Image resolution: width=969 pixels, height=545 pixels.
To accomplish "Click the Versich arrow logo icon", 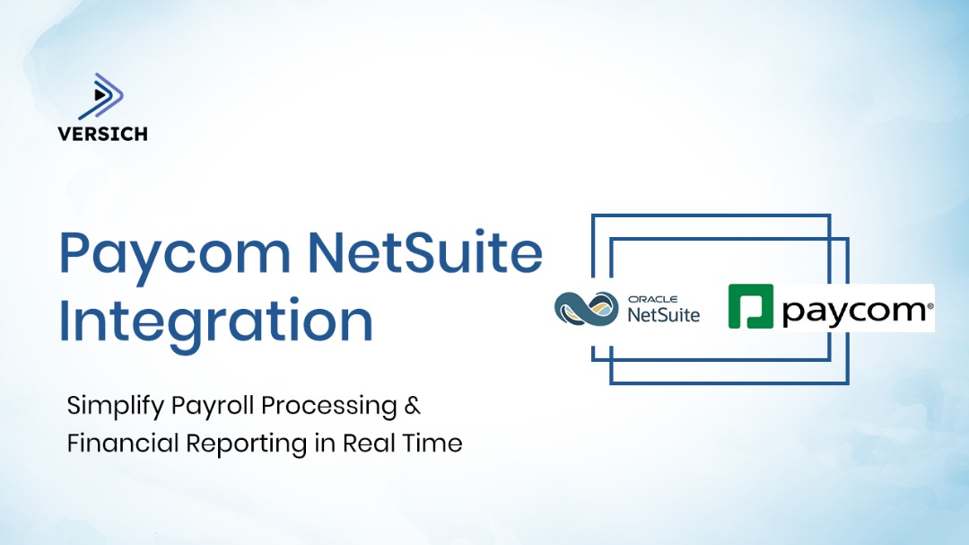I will coord(101,97).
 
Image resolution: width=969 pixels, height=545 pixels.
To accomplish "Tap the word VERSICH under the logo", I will coord(102,134).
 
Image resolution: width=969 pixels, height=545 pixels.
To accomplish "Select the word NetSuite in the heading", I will coord(425,254).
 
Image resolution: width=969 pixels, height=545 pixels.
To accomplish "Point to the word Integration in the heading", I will coord(215,321).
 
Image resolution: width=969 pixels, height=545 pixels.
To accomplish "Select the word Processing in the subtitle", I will coord(329,406).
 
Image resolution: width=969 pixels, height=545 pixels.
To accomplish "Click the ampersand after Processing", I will coord(413,406).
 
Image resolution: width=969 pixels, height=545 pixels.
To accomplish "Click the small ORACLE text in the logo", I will coord(652,299).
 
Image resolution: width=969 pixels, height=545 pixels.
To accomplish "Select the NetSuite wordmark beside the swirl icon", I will coord(664,314).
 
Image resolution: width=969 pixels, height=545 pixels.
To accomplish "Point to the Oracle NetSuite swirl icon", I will coord(586,309).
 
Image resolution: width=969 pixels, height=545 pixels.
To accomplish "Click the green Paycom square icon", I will coord(750,307).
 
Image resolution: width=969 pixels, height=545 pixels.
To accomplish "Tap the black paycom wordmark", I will coord(853,312).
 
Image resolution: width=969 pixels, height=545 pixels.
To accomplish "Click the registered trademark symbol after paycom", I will coord(930,305).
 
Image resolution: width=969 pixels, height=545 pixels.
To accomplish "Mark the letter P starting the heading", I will coord(78,254).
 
